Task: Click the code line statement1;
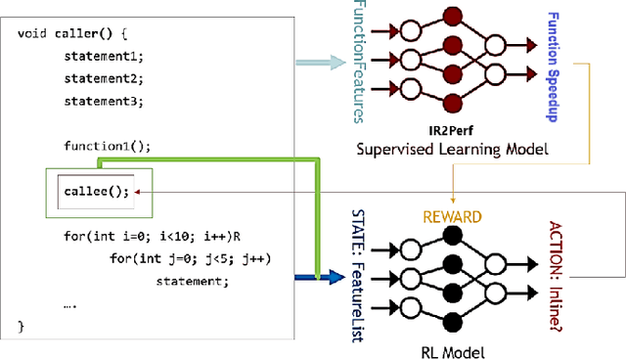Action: [x=104, y=57]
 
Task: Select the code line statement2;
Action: [x=104, y=78]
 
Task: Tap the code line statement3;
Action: [x=104, y=101]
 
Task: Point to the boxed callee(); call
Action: [x=94, y=191]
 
